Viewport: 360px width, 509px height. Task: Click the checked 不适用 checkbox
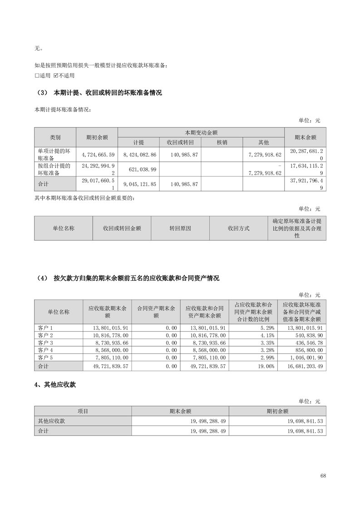(x=56, y=75)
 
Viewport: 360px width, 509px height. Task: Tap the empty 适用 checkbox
(x=37, y=75)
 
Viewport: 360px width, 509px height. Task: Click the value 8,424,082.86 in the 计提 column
(x=138, y=155)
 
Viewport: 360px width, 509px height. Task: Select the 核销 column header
(x=222, y=142)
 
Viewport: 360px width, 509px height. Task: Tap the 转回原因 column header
(x=180, y=228)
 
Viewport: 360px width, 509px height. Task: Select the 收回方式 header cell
(x=238, y=228)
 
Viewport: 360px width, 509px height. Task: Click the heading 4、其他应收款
(x=55, y=385)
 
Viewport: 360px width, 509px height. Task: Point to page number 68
(x=323, y=476)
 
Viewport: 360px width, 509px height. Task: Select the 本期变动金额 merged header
(x=201, y=132)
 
